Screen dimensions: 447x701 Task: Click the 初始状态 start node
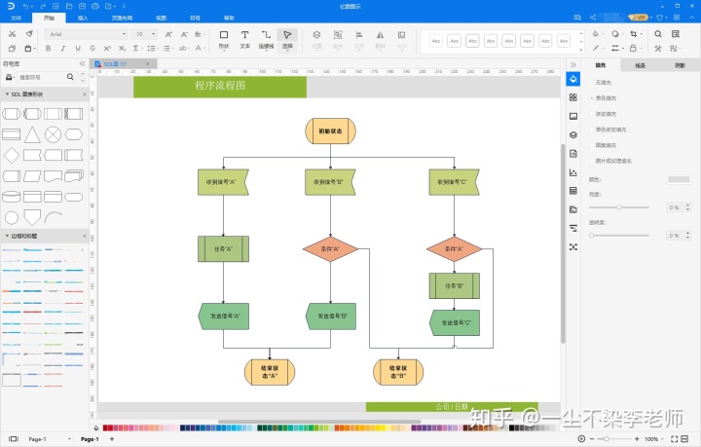pos(330,130)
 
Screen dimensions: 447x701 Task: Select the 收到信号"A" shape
pos(223,181)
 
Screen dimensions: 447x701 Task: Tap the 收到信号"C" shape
pos(454,181)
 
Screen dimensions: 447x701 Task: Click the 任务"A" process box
pos(223,248)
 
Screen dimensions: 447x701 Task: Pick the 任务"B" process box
pos(454,286)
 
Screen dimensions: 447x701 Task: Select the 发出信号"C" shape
pos(455,321)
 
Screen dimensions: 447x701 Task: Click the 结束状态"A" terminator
pos(270,371)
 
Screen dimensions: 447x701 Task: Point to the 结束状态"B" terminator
pos(398,371)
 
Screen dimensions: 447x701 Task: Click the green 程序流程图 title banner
pos(220,87)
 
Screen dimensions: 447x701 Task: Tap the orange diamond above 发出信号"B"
pos(330,248)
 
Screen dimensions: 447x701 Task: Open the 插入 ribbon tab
pos(83,18)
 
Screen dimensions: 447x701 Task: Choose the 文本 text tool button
pos(245,39)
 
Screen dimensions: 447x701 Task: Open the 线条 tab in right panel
pos(640,65)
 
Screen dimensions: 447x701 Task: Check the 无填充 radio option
pos(592,82)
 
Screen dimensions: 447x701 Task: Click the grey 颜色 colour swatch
pos(679,179)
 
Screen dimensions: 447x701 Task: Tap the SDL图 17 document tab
pos(115,63)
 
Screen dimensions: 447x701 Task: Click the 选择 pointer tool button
pos(287,39)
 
